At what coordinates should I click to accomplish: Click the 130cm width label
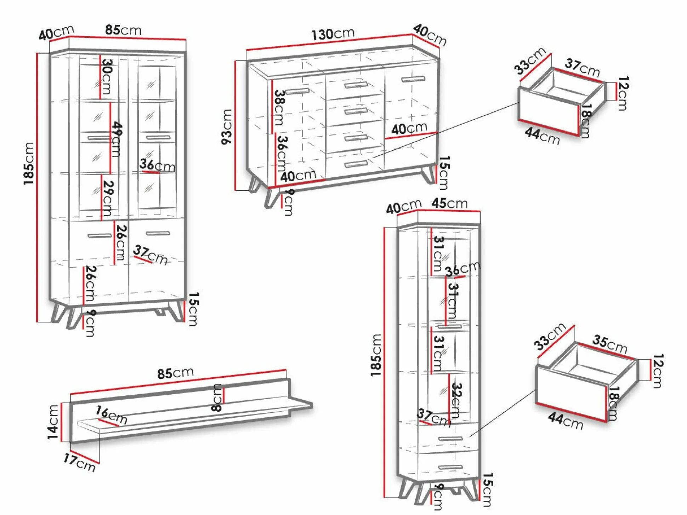333,34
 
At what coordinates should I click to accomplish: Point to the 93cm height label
227,126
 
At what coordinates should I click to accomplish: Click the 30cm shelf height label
107,76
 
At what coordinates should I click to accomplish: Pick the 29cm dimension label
108,198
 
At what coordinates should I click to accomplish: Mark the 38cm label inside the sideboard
279,108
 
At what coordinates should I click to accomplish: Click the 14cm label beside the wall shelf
53,422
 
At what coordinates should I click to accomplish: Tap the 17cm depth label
80,463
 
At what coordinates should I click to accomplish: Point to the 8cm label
217,397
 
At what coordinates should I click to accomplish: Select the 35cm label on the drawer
609,344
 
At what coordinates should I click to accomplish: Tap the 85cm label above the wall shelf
175,373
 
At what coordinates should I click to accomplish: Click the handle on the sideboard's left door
297,92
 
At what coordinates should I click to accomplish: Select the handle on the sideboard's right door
413,79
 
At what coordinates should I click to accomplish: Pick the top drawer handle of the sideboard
356,85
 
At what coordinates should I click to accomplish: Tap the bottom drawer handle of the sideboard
356,164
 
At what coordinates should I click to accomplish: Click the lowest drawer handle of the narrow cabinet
450,468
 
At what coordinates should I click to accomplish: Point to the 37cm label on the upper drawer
582,68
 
